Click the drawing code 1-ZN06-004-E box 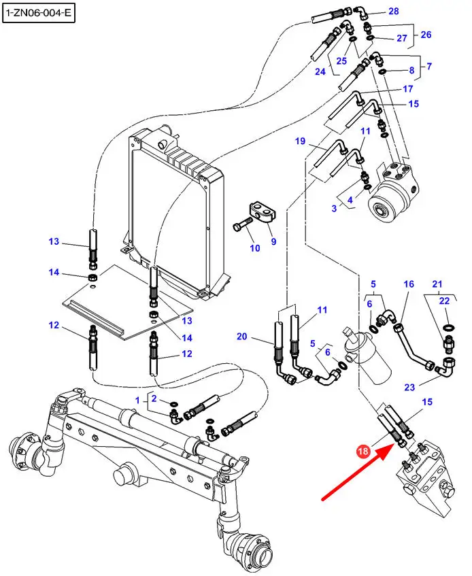(37, 12)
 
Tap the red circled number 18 (363, 450)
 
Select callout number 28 (394, 12)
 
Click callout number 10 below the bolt (254, 248)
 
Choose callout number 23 (409, 388)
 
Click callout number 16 (409, 284)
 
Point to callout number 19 (300, 141)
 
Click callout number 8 (411, 71)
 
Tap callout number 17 (408, 89)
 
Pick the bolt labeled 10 (241, 224)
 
